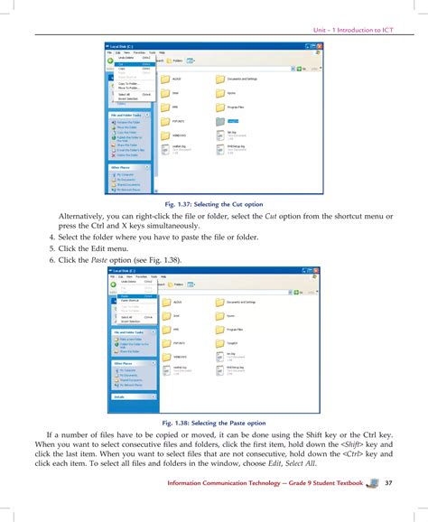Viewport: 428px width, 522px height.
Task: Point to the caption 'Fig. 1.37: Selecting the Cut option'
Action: [214, 203]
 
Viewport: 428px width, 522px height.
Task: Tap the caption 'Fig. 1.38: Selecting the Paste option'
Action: [214, 422]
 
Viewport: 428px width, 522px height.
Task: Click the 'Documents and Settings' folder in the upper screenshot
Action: [222, 79]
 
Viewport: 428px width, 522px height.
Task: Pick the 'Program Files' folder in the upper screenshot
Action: [222, 105]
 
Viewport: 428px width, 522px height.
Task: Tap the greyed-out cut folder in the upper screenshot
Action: [222, 118]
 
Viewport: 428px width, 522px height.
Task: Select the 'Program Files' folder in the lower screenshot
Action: [222, 330]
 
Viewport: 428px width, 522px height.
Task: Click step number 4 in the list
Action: [53, 237]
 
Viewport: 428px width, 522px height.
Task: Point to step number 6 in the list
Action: [53, 260]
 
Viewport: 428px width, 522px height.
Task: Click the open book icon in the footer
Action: [370, 483]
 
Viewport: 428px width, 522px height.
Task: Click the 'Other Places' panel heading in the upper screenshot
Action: [121, 167]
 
